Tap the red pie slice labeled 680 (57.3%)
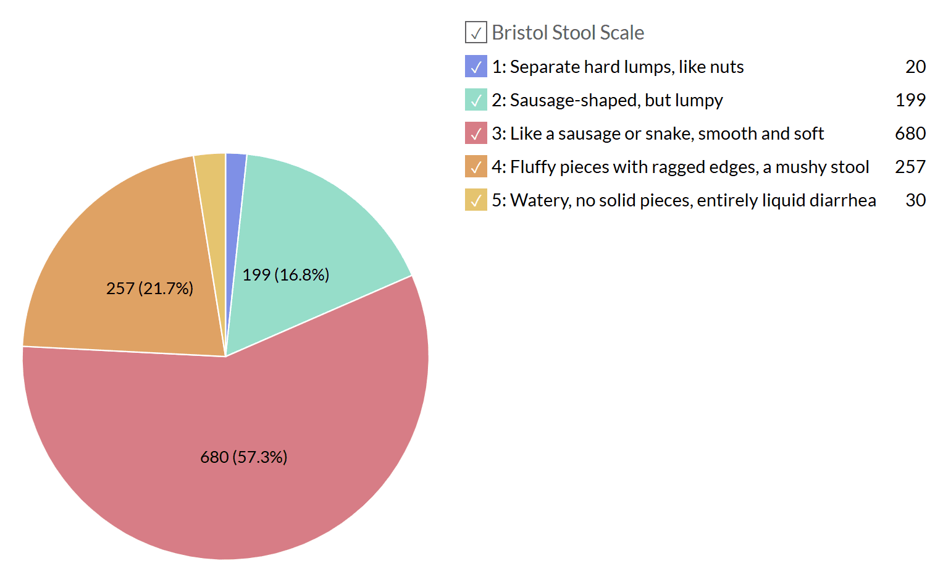(247, 420)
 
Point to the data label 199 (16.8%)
(285, 275)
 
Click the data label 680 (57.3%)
(244, 457)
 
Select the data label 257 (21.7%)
(149, 289)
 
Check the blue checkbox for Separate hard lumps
(476, 67)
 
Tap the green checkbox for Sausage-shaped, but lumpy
(476, 100)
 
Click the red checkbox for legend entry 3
(476, 133)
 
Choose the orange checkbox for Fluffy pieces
(476, 167)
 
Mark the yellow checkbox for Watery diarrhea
(476, 200)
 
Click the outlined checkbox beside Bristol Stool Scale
(476, 33)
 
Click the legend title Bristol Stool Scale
(568, 33)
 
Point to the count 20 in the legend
(915, 67)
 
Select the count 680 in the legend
(910, 133)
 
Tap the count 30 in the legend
(915, 200)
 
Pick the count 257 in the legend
(910, 167)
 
